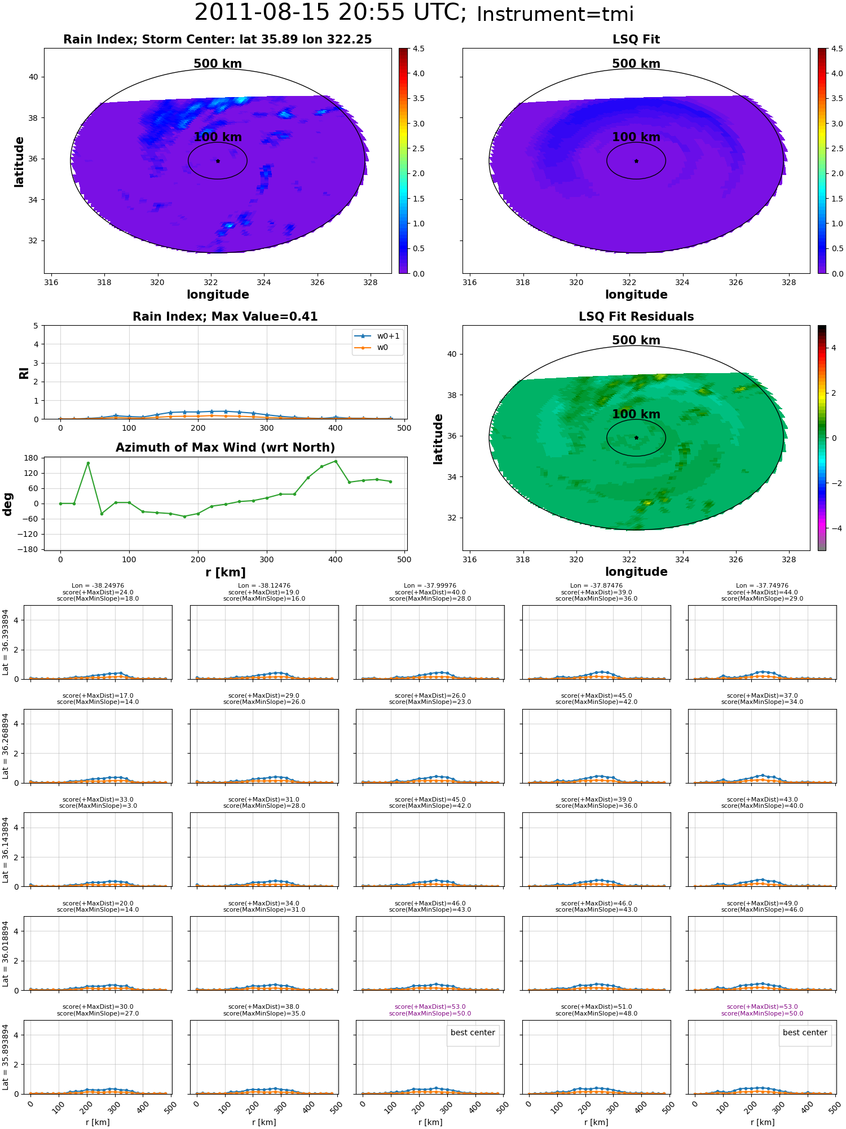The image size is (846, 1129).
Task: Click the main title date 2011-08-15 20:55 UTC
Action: click(x=331, y=13)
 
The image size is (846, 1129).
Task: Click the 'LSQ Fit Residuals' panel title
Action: click(x=636, y=317)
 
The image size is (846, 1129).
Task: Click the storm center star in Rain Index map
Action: click(x=218, y=161)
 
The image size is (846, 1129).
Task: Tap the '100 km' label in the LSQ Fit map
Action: click(x=636, y=137)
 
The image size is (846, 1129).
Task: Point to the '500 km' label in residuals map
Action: click(x=636, y=340)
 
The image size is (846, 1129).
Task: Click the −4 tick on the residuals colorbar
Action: click(x=834, y=528)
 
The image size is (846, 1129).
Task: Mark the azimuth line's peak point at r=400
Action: click(x=336, y=461)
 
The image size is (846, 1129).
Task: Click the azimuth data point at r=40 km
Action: click(x=88, y=463)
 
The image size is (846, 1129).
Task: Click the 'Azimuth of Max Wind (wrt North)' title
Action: click(x=225, y=448)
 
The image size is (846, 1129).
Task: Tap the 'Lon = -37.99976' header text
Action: click(x=430, y=586)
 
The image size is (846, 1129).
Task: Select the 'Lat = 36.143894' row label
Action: click(x=6, y=850)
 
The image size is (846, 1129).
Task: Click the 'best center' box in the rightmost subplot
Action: click(x=805, y=1032)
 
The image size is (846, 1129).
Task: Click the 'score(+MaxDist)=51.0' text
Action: click(x=596, y=1007)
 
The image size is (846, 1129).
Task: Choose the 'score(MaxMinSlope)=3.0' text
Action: click(x=98, y=806)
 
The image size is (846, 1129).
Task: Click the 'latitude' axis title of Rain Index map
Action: click(x=19, y=161)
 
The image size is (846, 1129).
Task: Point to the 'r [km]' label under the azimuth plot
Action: click(x=226, y=572)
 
